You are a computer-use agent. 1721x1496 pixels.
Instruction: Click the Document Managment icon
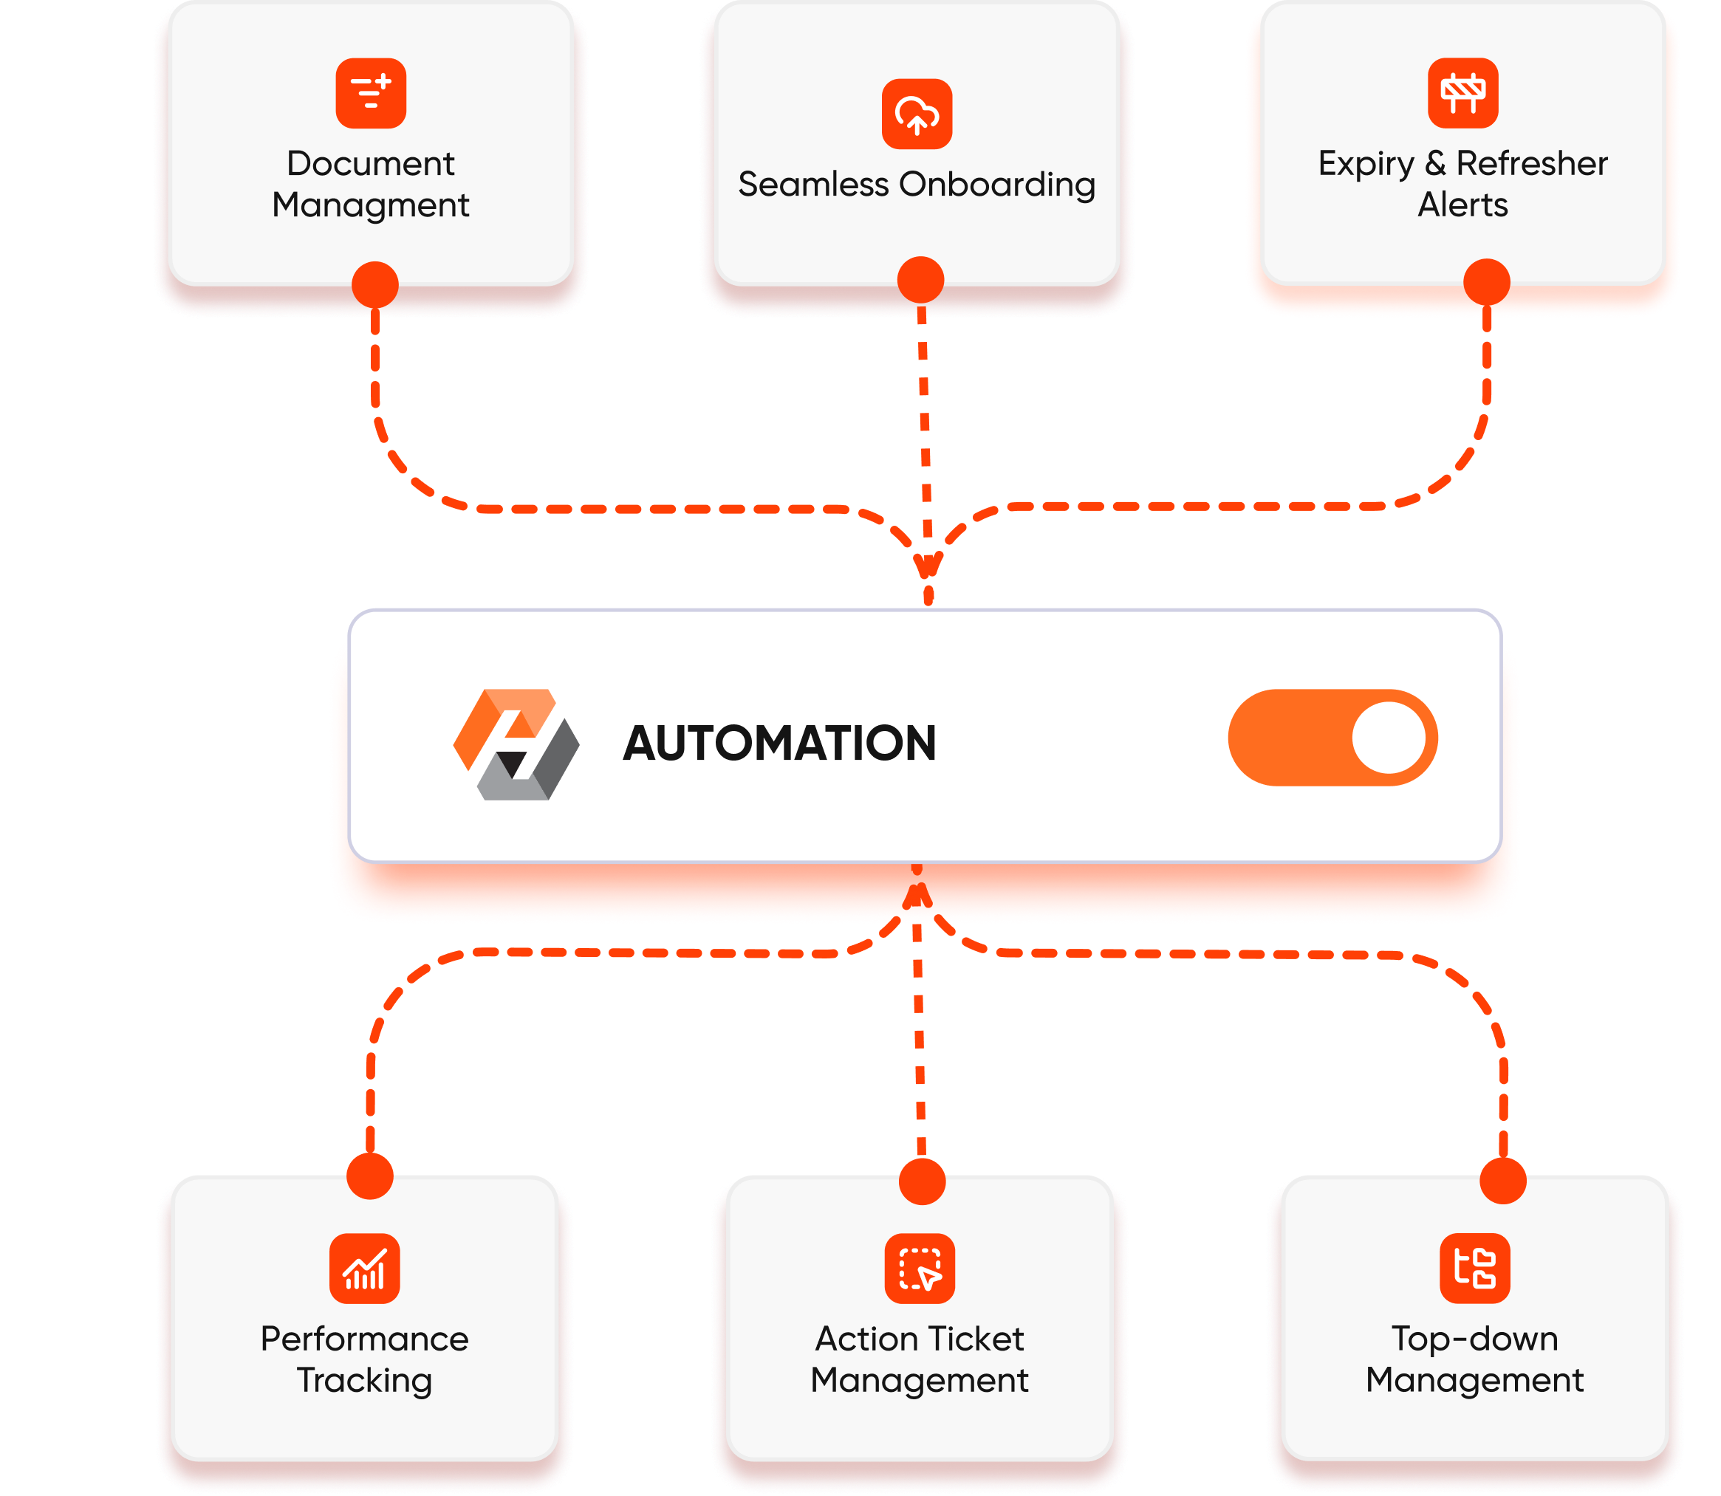[x=371, y=94]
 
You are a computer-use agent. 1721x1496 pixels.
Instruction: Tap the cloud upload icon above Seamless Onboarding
[x=917, y=114]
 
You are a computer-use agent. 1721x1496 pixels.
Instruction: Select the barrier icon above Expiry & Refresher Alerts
[x=1462, y=94]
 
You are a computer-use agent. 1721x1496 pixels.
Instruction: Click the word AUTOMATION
[x=779, y=743]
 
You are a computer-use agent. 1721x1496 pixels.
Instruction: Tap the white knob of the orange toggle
[x=1389, y=738]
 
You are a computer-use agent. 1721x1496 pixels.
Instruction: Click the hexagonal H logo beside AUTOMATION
[x=516, y=744]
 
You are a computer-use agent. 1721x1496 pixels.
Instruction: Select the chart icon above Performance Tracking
[x=364, y=1268]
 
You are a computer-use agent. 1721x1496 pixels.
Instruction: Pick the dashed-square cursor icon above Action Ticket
[x=920, y=1268]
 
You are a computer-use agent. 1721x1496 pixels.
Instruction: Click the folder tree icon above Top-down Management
[x=1474, y=1268]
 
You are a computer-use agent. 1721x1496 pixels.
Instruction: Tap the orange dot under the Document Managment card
[x=375, y=285]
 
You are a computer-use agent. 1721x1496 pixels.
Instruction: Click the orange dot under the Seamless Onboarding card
[x=920, y=280]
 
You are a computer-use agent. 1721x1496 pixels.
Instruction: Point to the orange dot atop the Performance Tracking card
[x=370, y=1176]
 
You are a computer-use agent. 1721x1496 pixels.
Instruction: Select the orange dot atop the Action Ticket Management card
[x=922, y=1181]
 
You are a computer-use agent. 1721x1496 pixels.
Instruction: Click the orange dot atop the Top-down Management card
[x=1502, y=1181]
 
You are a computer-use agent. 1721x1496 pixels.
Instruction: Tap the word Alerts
[x=1462, y=205]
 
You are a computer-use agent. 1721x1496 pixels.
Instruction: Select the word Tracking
[x=364, y=1380]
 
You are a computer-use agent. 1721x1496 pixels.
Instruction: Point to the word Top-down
[x=1474, y=1339]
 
